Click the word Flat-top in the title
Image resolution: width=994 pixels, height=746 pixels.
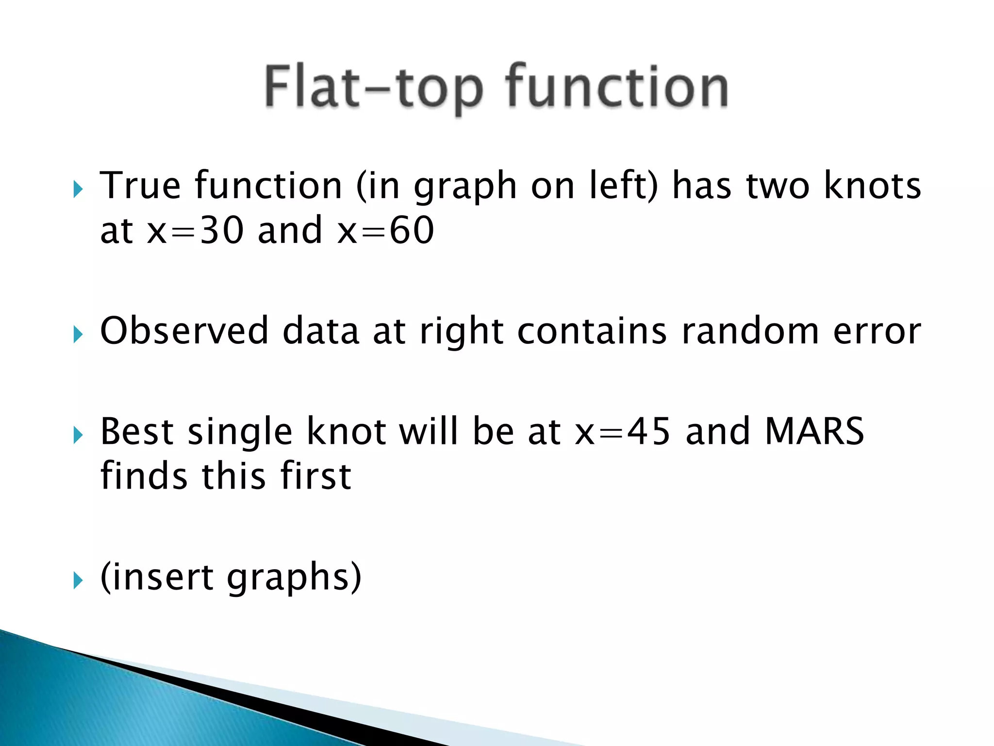click(374, 87)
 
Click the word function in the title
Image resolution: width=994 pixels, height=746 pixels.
click(616, 87)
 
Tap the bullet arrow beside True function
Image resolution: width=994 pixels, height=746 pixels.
click(78, 189)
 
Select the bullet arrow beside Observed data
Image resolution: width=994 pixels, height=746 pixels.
click(78, 334)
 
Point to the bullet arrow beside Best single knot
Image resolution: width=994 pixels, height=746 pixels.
click(78, 435)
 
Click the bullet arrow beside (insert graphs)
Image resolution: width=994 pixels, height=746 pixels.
click(78, 580)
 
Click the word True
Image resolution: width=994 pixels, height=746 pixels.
click(140, 186)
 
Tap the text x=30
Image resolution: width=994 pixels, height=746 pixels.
click(195, 230)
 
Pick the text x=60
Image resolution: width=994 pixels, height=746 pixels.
click(386, 230)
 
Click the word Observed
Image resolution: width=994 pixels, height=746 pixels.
click(184, 331)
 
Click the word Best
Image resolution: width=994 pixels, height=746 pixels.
click(137, 431)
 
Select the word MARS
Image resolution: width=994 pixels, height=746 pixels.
click(814, 431)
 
